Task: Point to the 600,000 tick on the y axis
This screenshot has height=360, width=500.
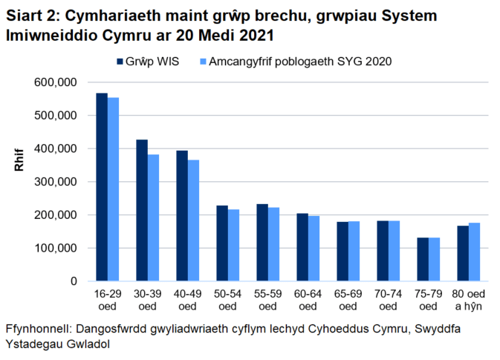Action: [57, 82]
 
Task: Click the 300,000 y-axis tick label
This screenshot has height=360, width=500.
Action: [57, 182]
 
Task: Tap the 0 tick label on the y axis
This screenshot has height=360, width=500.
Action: [74, 281]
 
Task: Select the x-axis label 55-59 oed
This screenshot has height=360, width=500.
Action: [267, 300]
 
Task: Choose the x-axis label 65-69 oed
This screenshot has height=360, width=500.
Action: [348, 300]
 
